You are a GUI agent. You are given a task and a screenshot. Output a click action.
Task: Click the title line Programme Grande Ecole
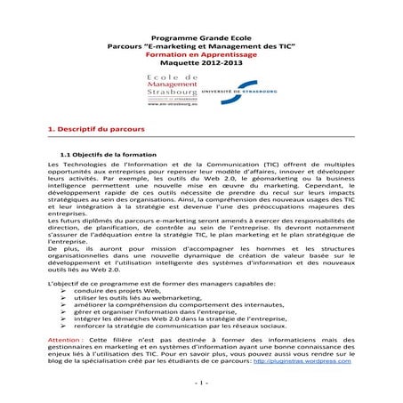[201, 39]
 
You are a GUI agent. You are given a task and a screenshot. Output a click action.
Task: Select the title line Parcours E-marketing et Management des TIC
[201, 47]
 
